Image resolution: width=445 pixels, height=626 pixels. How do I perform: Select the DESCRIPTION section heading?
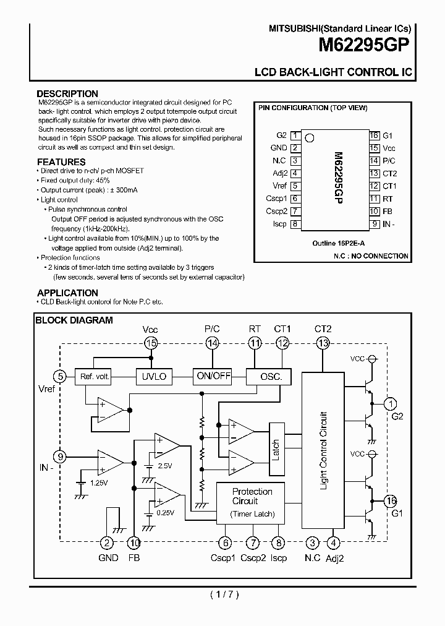click(67, 94)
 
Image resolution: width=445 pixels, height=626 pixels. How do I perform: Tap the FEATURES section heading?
click(61, 162)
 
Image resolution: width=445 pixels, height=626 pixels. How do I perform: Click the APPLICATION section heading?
click(67, 293)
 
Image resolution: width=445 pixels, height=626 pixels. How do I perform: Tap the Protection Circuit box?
click(252, 502)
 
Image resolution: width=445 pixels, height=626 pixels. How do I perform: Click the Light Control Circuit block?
click(323, 450)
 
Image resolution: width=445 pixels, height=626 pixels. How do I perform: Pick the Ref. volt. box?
click(93, 376)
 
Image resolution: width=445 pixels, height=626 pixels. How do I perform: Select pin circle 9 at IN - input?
click(60, 457)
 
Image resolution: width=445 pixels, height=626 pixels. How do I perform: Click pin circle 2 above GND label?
click(107, 543)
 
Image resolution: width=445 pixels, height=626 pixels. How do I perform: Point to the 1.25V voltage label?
click(99, 482)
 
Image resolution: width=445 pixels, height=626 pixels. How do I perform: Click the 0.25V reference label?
click(166, 513)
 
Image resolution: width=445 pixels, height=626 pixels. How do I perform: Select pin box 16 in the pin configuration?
click(374, 135)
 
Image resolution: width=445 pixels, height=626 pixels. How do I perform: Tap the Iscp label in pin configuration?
click(279, 224)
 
